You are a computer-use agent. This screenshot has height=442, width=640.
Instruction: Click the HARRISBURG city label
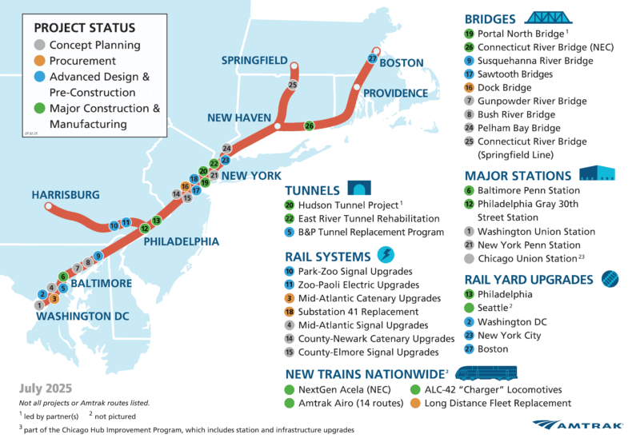(66, 194)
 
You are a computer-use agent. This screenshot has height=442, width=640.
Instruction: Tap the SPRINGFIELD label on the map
(254, 60)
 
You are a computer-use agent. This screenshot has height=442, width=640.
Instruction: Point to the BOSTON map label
(402, 62)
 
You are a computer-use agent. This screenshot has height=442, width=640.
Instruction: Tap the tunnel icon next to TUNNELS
(357, 189)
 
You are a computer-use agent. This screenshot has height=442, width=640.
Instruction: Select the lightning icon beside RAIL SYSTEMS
(385, 255)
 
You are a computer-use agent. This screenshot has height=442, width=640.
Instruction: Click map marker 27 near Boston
(372, 58)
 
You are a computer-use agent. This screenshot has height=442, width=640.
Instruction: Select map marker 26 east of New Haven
(310, 125)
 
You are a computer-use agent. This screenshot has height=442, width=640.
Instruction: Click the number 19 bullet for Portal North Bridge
(469, 34)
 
